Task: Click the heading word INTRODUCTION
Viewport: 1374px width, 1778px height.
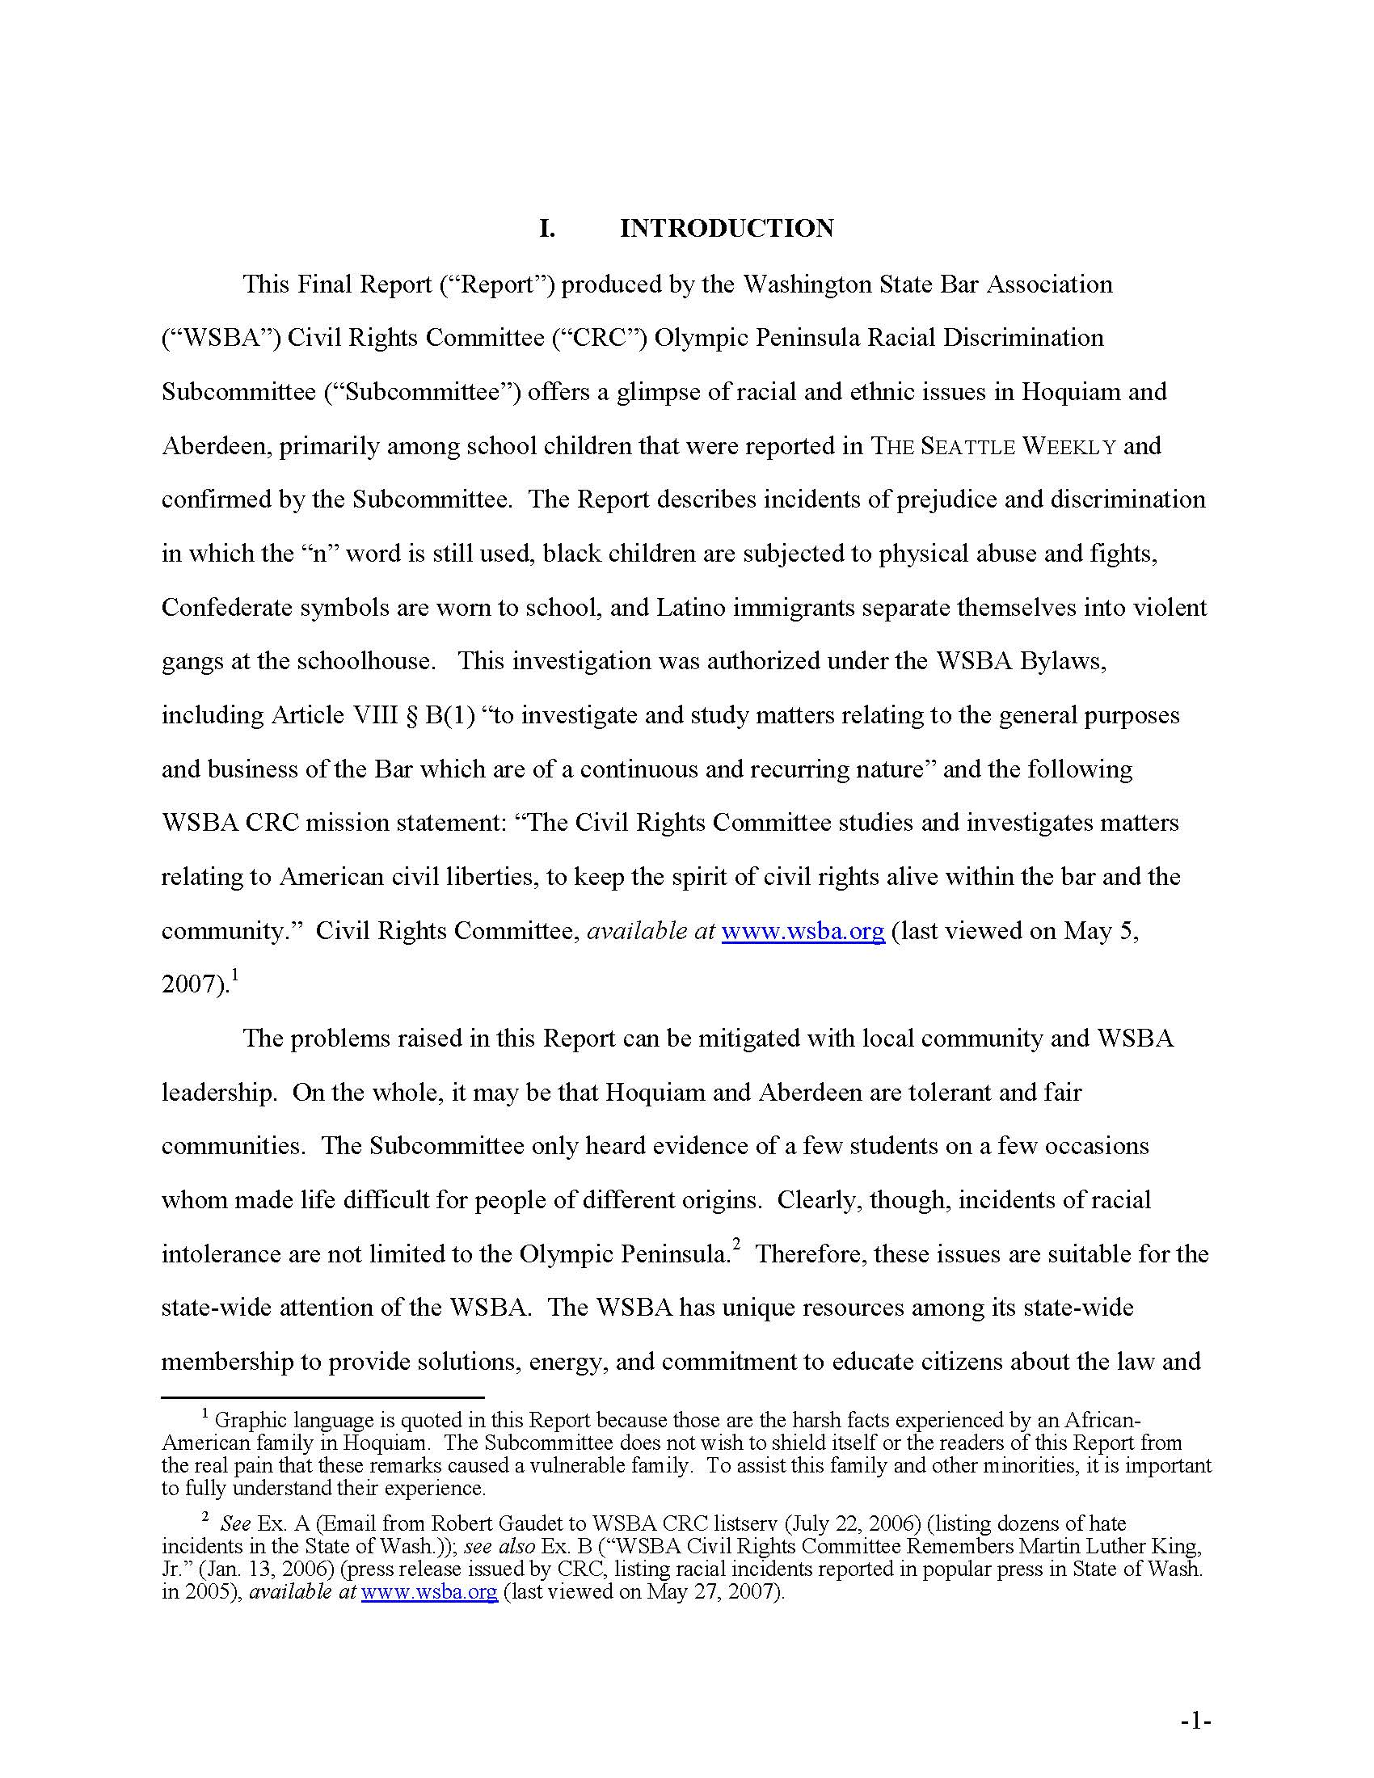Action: click(x=726, y=228)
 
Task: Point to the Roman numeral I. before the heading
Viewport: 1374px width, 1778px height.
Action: click(x=547, y=228)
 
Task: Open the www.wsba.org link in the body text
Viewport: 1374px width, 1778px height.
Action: click(x=803, y=930)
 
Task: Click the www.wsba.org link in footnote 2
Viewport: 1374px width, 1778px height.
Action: click(x=429, y=1591)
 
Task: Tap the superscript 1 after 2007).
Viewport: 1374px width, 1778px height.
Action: click(x=234, y=974)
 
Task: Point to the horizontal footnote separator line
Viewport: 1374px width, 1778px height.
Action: click(x=322, y=1397)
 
